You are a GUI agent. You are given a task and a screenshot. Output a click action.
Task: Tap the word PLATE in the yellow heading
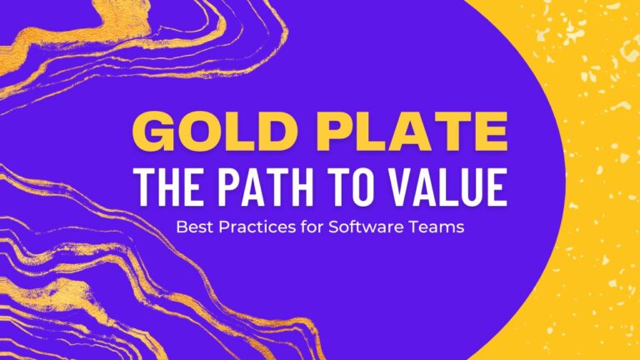[x=412, y=132]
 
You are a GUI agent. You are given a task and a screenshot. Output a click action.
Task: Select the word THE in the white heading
[x=168, y=187]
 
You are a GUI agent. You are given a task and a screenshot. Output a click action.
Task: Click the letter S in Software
[x=334, y=227]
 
